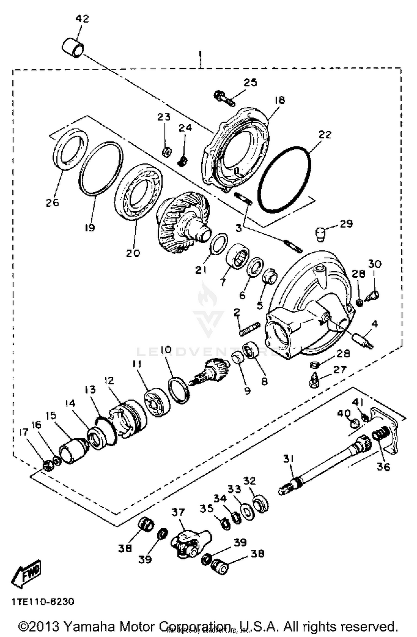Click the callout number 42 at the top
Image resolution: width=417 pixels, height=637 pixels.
coord(82,19)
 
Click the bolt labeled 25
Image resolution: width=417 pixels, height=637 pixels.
coord(224,99)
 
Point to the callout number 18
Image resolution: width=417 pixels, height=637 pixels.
coord(280,100)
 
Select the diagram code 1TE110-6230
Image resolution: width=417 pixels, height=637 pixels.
coord(43,602)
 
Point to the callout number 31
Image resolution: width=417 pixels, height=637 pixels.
coord(289,458)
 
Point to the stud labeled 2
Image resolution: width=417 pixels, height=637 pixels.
coord(249,329)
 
